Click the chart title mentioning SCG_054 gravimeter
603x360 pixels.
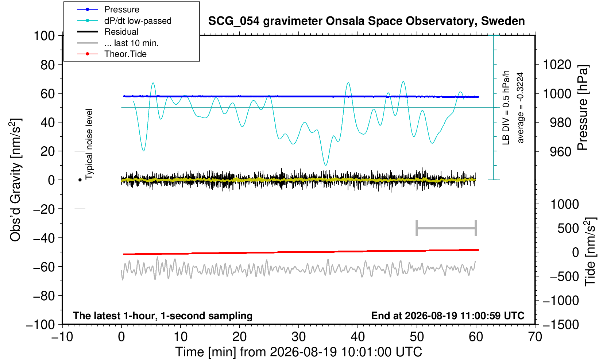coord(367,21)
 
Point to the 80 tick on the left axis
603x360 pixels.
coord(48,65)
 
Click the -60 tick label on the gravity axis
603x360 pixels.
coord(44,267)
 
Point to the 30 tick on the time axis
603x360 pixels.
coord(298,337)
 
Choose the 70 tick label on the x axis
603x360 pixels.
coord(535,337)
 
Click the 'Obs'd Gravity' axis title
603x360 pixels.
coord(15,180)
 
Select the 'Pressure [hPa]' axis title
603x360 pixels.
coord(583,108)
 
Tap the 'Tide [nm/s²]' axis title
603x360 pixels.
coord(590,252)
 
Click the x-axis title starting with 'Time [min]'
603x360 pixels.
coord(298,352)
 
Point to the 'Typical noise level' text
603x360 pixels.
coord(89,144)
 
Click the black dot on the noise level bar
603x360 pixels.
coord(80,180)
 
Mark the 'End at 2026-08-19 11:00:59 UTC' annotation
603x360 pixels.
coord(448,316)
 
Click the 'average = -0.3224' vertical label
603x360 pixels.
coord(520,108)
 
